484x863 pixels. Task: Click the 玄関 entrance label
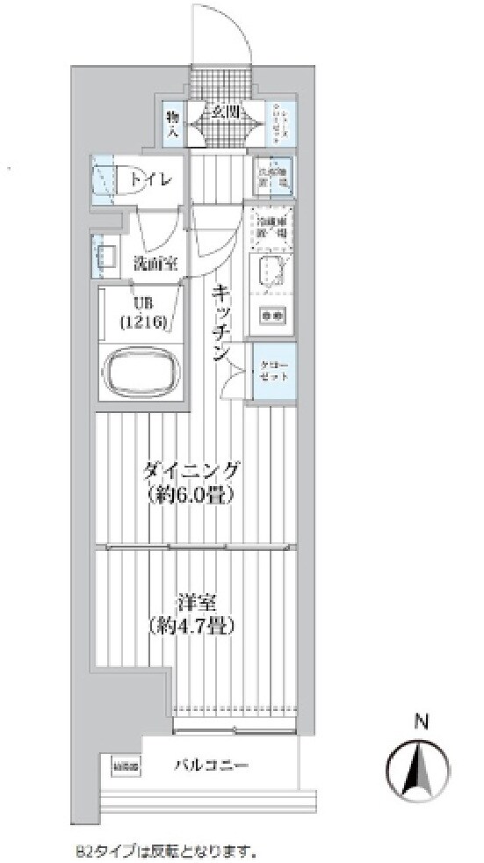pos(225,112)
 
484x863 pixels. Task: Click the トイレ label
pos(152,179)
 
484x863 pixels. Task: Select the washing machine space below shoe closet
pos(271,173)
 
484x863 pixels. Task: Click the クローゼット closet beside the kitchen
pos(271,373)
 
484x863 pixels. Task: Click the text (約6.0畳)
pos(192,496)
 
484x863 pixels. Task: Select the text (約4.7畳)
pos(192,627)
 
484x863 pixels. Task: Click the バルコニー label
pos(210,765)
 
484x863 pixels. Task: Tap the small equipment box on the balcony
pos(126,766)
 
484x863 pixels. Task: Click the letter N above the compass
pos(421,722)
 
